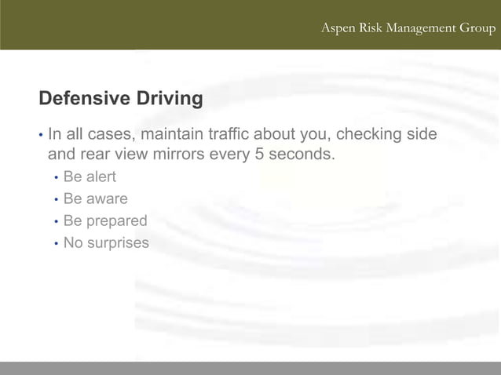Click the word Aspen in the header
coord(338,29)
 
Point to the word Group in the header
coord(477,29)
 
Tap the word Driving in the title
coord(168,99)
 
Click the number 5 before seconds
coord(260,154)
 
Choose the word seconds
coord(302,154)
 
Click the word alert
coord(101,177)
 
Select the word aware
coord(106,199)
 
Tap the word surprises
coord(118,243)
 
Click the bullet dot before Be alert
coord(56,178)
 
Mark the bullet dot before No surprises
coord(56,244)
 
